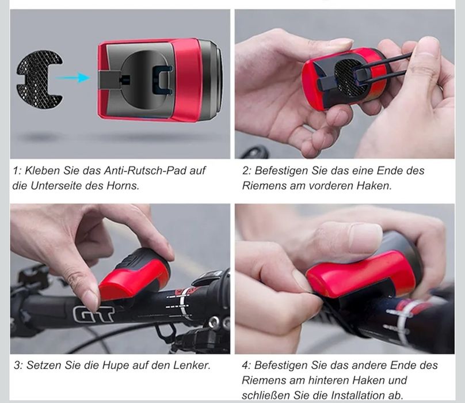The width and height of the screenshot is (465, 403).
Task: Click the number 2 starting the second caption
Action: [246, 171]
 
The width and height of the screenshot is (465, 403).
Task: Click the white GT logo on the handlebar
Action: [92, 313]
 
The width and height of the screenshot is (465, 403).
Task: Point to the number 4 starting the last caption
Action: [246, 366]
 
